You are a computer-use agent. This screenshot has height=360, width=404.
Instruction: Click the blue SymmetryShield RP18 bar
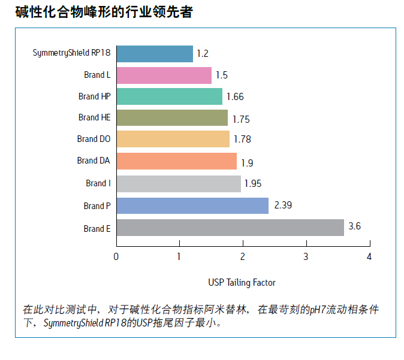(155, 54)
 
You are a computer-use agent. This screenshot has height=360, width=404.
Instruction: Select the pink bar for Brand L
(164, 75)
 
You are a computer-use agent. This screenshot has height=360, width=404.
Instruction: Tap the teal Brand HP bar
(169, 96)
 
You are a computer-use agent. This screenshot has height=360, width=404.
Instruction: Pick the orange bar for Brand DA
(176, 161)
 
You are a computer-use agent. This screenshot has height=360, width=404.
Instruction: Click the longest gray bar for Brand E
(230, 228)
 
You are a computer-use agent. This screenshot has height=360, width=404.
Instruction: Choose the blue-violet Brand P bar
(192, 205)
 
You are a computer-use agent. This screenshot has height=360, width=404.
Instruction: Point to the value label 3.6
(355, 226)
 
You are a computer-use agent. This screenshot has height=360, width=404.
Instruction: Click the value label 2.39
(283, 205)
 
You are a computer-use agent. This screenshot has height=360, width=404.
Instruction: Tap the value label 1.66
(235, 96)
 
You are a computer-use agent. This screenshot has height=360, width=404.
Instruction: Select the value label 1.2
(202, 54)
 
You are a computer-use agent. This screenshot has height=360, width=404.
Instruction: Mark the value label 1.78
(242, 140)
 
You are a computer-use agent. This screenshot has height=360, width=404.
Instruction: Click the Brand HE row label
(94, 117)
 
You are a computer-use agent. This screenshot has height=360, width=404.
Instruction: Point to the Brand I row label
(98, 183)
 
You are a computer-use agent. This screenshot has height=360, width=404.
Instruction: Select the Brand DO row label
(94, 139)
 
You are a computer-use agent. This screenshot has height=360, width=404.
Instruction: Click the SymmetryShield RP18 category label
(71, 53)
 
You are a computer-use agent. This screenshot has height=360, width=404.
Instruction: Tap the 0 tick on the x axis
(116, 257)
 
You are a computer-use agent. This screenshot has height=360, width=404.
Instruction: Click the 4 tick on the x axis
(369, 257)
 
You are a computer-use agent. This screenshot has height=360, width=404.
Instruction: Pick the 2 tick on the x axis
(243, 257)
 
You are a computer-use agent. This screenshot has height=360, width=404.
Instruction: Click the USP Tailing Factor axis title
(242, 282)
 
